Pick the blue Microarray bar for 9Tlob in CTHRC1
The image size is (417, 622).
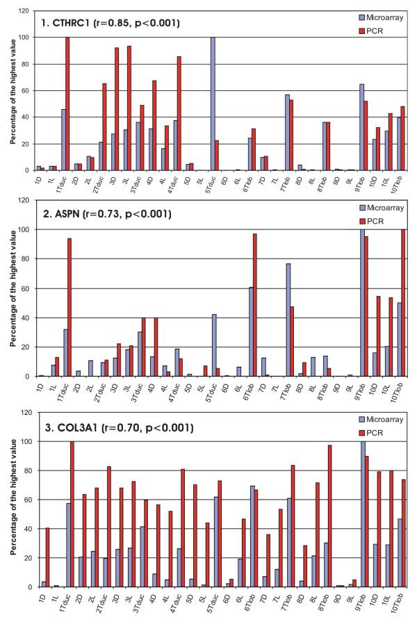[362, 126]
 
